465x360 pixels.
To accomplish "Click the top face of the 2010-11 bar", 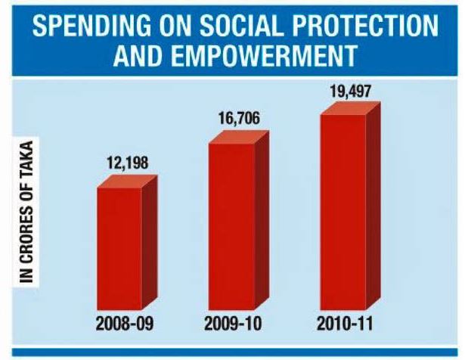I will tap(351, 109).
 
